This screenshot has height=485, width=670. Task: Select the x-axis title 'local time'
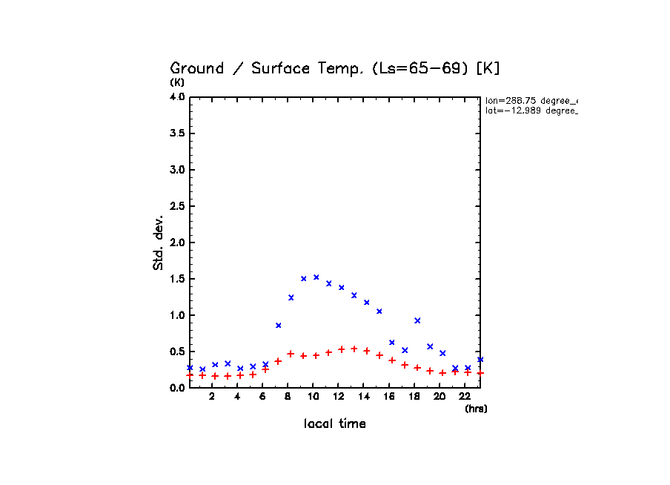coord(334,424)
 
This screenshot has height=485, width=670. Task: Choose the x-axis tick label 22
coord(465,397)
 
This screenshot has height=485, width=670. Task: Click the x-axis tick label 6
coord(262,397)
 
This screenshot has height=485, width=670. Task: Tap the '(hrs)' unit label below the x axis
coord(476,409)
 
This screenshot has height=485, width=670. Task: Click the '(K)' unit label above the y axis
coord(178,82)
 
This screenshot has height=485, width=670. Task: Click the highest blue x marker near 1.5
coord(316,277)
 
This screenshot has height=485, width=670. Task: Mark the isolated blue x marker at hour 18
coord(417,320)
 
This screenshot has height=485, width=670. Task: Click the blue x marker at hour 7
coord(278,326)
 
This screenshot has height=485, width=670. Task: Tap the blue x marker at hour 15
coord(379,311)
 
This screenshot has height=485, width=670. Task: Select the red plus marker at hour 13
coord(354,349)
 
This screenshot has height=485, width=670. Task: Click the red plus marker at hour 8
coord(291,354)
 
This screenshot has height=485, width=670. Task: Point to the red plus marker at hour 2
coord(215,376)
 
